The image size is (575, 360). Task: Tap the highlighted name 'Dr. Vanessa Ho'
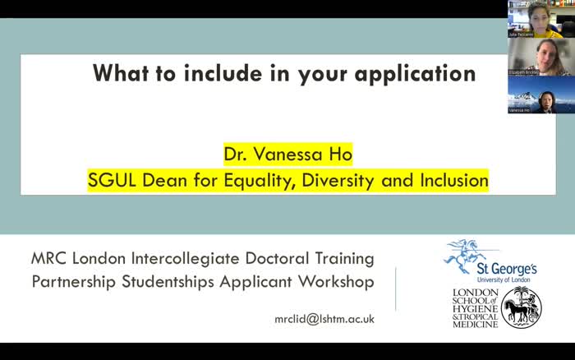287,155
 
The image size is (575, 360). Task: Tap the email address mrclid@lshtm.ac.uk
324,318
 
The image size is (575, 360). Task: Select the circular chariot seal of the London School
522,308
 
